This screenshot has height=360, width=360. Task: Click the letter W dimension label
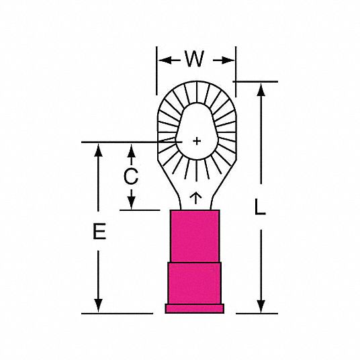coord(195,59)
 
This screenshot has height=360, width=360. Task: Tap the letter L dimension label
coord(260,207)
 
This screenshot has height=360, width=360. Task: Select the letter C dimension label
coord(131,177)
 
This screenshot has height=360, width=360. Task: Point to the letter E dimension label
coord(99,231)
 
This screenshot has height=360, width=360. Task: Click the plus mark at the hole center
coord(197,141)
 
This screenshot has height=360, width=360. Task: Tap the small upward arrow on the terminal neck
coord(195,198)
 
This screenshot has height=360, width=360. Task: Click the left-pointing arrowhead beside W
coord(165,60)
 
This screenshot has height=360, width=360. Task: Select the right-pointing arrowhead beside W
coord(228,60)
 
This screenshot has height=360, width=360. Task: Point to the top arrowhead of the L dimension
coord(261,89)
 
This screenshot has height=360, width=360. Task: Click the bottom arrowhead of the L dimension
coord(261,306)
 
